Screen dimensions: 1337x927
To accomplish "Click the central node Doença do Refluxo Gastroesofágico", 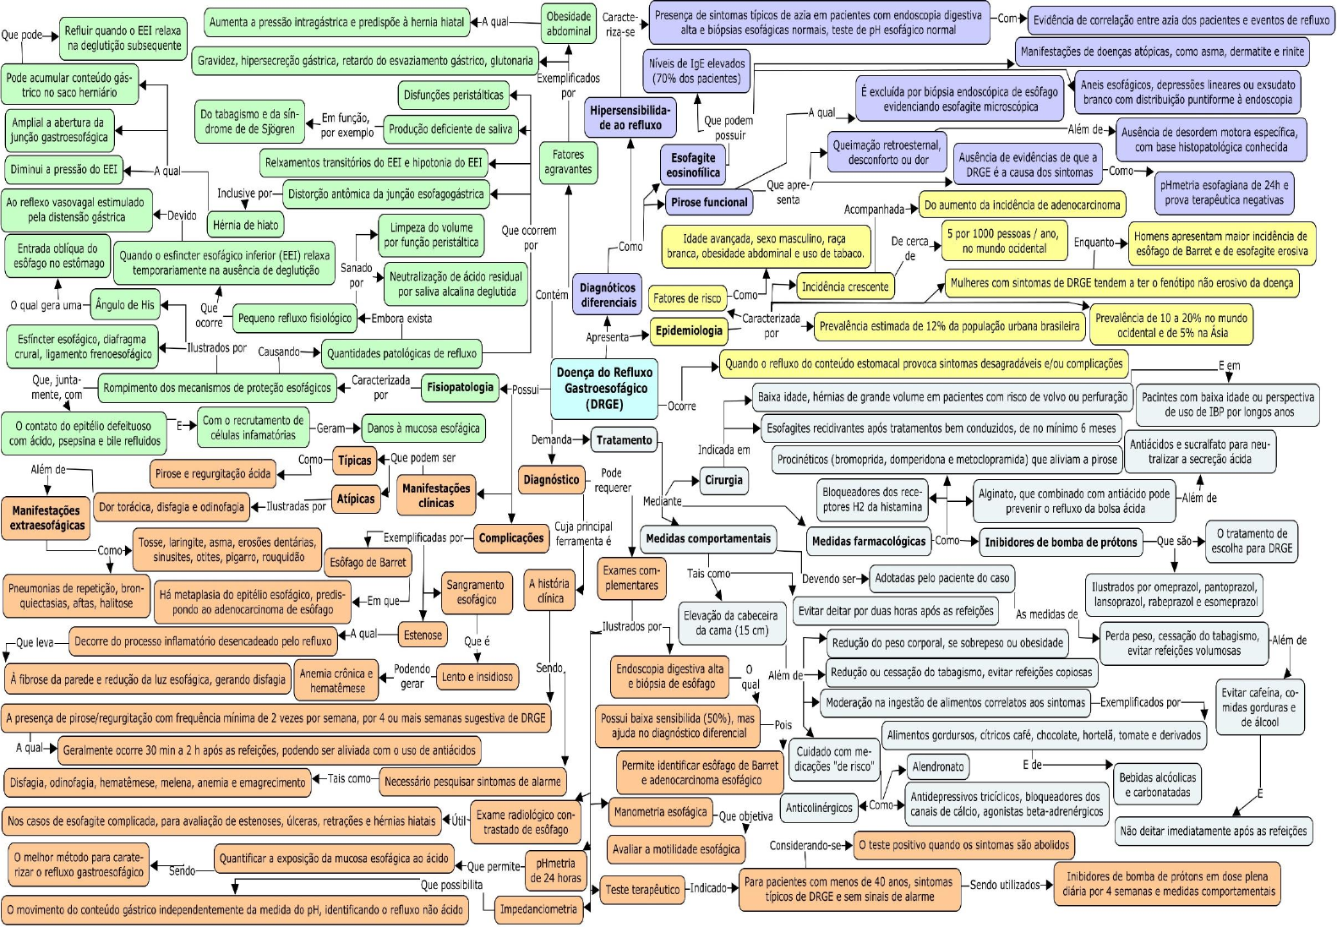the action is [x=604, y=388].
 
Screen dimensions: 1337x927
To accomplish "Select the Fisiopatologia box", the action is [x=460, y=388].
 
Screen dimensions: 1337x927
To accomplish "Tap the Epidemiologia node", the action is [x=689, y=331].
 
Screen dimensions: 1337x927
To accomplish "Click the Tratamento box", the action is [x=625, y=439].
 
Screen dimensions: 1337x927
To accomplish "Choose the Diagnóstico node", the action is [x=551, y=480].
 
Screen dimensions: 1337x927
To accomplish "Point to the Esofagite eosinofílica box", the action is [x=693, y=165].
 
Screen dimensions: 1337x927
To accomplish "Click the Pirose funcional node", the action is [x=709, y=203].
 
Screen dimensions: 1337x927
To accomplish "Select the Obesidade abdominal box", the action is [x=569, y=24].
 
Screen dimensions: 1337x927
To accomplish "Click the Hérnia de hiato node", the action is [x=245, y=225].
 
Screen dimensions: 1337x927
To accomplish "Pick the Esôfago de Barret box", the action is [x=368, y=562].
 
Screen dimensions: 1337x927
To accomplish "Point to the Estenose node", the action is [x=423, y=635].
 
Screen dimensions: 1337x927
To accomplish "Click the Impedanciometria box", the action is [x=538, y=909].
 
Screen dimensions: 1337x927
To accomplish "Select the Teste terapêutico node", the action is [x=642, y=889].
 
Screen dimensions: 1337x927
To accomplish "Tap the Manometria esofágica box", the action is [x=660, y=812].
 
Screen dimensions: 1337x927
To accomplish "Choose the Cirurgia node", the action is [x=723, y=480].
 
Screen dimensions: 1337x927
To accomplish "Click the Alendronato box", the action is [x=937, y=766].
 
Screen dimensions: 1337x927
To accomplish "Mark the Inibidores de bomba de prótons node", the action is [x=1061, y=542].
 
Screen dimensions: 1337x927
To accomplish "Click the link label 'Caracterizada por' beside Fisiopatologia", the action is [x=381, y=387].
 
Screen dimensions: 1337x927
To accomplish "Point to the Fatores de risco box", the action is [x=688, y=297].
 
